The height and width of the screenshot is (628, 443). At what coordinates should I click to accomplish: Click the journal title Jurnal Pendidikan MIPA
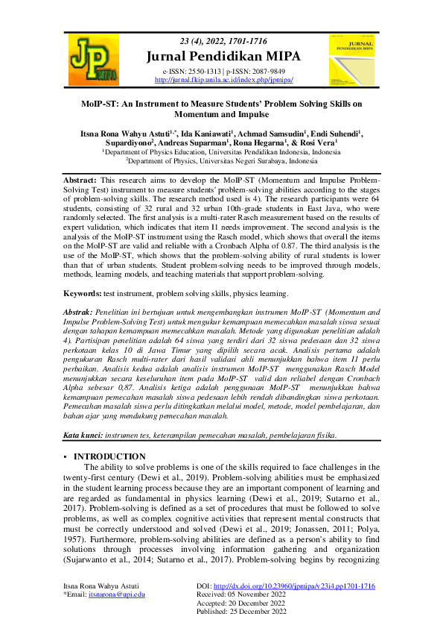[x=221, y=53]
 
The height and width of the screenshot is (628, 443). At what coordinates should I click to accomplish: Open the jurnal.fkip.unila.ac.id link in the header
[x=223, y=79]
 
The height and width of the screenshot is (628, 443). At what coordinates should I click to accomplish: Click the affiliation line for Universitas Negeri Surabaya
[x=221, y=160]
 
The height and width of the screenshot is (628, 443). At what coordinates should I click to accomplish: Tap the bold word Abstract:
[x=81, y=180]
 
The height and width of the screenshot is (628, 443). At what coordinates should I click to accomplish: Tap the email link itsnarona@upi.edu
[x=117, y=594]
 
